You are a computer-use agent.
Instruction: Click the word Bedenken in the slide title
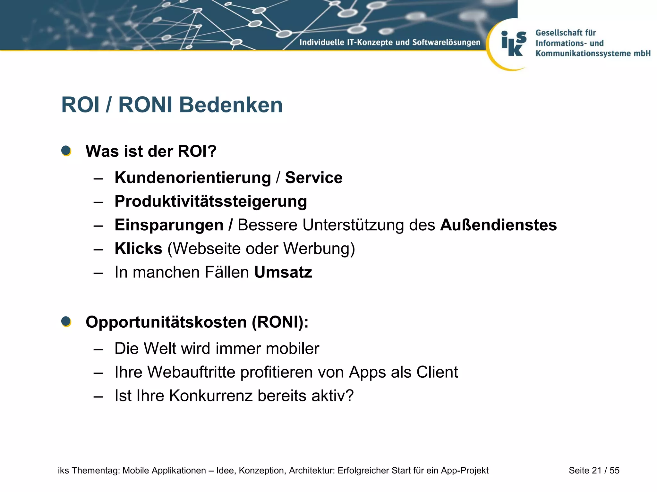(231, 105)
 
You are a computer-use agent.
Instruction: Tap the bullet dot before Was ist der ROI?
(66, 151)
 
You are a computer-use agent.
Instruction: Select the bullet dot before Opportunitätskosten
(66, 321)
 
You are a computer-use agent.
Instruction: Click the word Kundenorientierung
(193, 178)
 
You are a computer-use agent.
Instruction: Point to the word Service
(313, 178)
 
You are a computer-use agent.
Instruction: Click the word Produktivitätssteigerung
(211, 201)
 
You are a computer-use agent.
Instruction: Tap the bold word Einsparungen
(169, 225)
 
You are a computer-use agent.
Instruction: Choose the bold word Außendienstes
(498, 225)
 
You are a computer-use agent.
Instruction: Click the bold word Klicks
(138, 249)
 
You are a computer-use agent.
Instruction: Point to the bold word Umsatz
(283, 272)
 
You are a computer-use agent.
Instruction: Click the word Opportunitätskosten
(166, 322)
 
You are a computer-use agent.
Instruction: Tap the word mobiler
(292, 348)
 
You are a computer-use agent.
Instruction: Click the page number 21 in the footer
(596, 470)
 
